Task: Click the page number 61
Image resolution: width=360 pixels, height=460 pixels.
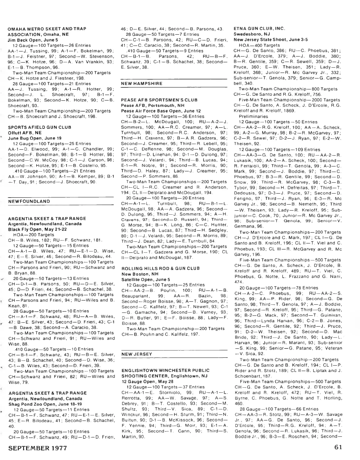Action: (x=338, y=447)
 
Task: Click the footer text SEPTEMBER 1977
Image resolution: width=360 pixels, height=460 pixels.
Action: (x=38, y=448)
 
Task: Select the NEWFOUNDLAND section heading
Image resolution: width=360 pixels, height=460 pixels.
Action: (x=29, y=201)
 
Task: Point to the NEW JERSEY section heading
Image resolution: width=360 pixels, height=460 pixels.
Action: (x=136, y=354)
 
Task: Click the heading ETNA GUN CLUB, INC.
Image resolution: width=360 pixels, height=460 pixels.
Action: (x=259, y=29)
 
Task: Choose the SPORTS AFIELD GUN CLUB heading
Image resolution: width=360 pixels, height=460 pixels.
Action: (x=40, y=127)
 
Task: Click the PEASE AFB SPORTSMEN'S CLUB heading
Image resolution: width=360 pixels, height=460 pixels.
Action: (x=159, y=100)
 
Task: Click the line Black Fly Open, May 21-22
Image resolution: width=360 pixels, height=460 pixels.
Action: (x=37, y=229)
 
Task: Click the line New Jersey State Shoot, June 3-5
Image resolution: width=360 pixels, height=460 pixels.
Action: (x=271, y=40)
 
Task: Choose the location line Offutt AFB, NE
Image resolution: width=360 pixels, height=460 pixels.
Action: (x=25, y=133)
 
